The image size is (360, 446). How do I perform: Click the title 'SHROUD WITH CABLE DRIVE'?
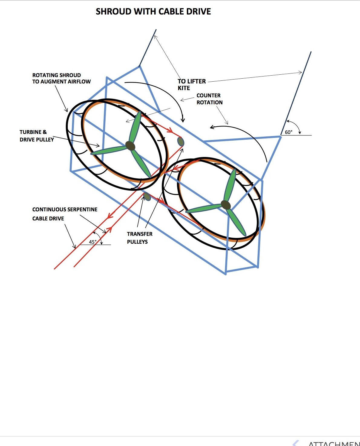[x=153, y=11]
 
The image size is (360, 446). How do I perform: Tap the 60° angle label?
[x=289, y=132]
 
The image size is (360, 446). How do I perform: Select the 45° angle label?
[x=93, y=242]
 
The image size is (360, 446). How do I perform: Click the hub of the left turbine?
[x=130, y=146]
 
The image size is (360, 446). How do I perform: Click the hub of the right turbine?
[x=226, y=205]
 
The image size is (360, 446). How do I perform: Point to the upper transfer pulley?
[x=181, y=142]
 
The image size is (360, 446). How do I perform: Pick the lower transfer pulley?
[x=147, y=196]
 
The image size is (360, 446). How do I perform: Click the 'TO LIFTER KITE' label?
[x=191, y=85]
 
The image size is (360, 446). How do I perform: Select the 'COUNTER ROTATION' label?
[x=209, y=99]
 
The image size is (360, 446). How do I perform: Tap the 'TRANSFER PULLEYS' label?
[x=139, y=238]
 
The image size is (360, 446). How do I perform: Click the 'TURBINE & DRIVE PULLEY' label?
[x=37, y=136]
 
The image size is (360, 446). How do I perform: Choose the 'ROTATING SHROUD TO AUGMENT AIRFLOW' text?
[x=61, y=78]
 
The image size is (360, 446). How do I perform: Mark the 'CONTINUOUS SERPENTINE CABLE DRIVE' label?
[x=65, y=214]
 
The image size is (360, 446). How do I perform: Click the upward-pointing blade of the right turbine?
[x=231, y=185]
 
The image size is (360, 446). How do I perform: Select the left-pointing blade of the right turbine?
[x=203, y=209]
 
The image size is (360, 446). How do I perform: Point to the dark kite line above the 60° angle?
[x=296, y=93]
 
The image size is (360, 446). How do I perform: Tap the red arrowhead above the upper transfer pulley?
[x=170, y=130]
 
